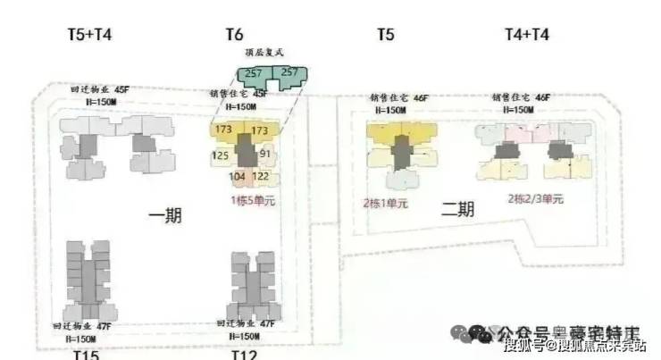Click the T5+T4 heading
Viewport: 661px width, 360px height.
[x=89, y=35]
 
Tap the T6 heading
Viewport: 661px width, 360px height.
[x=234, y=35]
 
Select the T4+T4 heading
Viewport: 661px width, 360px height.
[x=527, y=35]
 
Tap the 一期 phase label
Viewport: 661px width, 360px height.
[x=166, y=215]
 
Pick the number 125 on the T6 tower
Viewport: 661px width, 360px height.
[x=221, y=155]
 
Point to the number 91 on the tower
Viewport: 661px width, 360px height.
[x=264, y=155]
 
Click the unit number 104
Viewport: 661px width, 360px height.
[x=237, y=177]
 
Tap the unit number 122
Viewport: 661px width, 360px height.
[x=261, y=177]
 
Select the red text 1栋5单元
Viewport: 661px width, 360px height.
[x=253, y=201]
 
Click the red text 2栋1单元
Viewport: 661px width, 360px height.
[x=385, y=202]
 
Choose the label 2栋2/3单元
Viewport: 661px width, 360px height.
[x=536, y=198]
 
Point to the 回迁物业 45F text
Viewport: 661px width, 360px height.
[x=100, y=90]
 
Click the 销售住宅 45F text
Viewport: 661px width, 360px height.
[x=238, y=94]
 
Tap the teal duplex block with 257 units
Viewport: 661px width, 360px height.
[x=268, y=76]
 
